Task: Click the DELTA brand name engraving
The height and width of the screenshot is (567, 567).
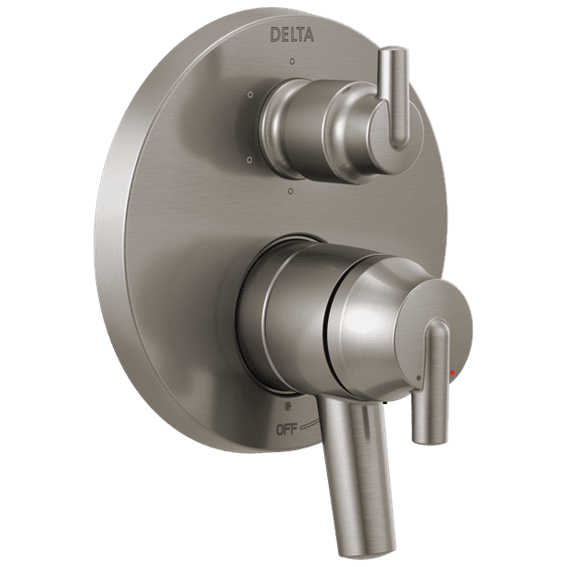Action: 292,35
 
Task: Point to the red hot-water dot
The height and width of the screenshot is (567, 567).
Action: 452,373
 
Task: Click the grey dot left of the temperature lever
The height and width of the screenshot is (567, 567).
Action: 419,377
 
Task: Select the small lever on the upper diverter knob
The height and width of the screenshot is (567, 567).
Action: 396,97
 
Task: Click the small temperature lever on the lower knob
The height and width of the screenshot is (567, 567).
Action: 431,380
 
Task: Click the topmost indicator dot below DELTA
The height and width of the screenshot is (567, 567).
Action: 292,62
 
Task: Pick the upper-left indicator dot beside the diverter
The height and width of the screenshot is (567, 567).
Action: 250,94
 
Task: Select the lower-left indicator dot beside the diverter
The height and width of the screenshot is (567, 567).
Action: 250,159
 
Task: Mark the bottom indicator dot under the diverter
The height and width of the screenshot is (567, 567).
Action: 291,191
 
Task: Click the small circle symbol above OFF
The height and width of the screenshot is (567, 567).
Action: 288,406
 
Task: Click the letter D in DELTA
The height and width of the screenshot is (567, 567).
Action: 275,35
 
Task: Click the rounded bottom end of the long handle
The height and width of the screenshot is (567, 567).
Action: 364,547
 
